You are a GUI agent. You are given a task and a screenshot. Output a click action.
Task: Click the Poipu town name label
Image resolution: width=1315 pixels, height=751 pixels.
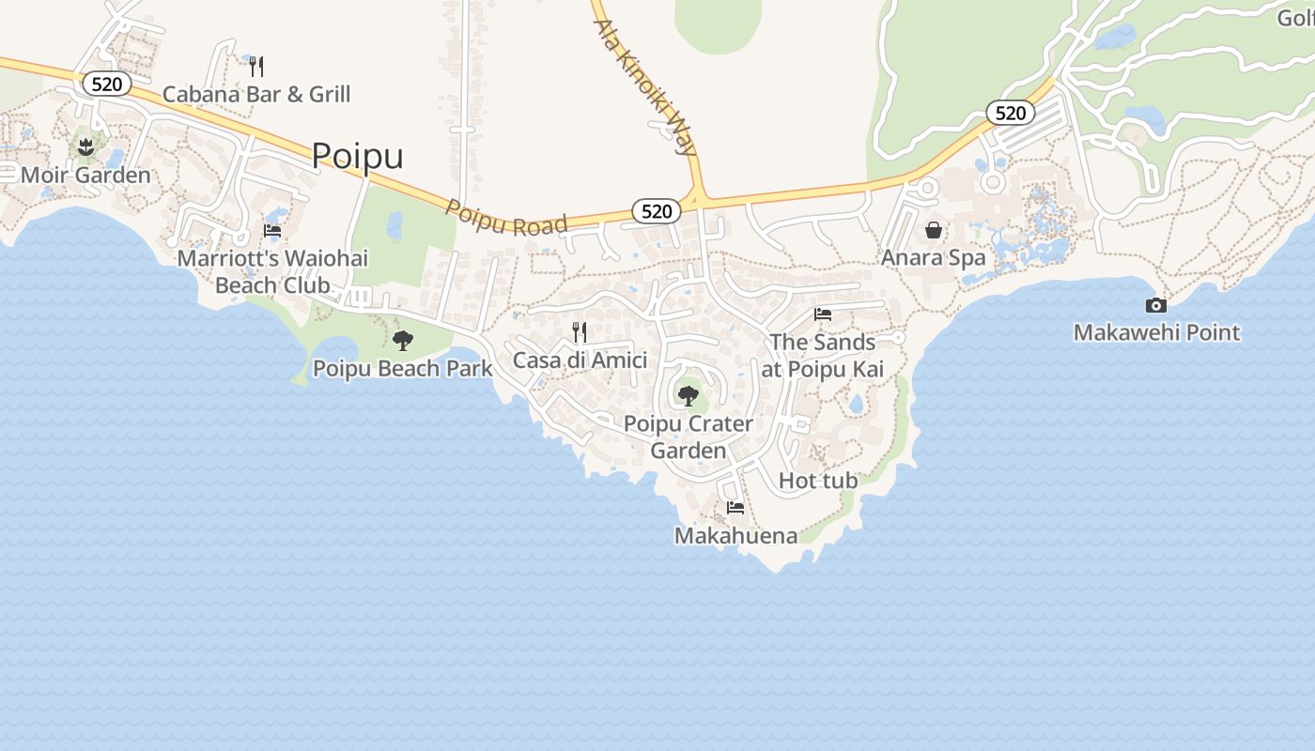click(357, 156)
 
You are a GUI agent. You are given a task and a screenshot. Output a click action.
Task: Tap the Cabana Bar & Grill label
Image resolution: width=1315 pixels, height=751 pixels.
click(256, 94)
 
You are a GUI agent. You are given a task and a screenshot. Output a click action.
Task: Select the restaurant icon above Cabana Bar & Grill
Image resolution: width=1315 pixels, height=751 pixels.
click(255, 66)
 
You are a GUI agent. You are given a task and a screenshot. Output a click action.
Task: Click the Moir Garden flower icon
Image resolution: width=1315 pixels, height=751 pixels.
click(85, 146)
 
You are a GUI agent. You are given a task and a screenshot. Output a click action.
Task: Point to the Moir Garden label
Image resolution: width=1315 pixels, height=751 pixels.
click(85, 176)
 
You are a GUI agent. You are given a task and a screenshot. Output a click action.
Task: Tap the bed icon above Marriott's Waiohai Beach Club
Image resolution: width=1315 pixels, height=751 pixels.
click(272, 230)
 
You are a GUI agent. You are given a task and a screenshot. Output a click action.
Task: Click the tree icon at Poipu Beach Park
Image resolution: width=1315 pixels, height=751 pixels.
click(403, 340)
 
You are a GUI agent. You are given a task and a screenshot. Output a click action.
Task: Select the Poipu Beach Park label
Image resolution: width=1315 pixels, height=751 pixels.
click(402, 368)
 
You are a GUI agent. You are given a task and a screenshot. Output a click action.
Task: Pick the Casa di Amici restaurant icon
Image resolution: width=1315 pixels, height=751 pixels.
click(580, 331)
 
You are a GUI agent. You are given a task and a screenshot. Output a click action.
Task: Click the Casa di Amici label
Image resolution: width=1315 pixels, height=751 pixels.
click(580, 360)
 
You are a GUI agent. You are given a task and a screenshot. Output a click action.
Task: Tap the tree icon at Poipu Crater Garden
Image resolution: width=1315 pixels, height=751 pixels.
click(688, 395)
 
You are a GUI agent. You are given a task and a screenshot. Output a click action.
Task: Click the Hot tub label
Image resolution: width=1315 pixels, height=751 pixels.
click(818, 481)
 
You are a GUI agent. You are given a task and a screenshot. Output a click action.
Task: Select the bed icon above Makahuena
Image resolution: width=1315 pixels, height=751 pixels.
click(735, 508)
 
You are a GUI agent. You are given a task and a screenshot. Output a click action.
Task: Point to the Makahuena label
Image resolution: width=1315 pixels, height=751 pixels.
click(735, 536)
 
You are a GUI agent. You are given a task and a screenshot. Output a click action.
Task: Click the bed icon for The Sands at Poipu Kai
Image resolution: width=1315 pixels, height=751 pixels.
click(823, 314)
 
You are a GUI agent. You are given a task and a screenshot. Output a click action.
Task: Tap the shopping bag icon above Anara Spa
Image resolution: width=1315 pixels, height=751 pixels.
click(934, 230)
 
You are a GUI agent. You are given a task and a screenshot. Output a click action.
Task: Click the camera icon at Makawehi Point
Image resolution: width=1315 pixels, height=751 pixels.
click(1156, 305)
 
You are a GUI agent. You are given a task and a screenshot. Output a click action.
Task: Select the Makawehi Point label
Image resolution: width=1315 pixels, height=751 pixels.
click(1156, 332)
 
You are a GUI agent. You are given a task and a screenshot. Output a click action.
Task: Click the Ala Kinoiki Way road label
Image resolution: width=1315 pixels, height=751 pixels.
click(646, 84)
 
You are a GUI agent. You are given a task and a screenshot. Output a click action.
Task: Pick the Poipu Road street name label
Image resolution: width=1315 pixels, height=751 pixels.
click(506, 218)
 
